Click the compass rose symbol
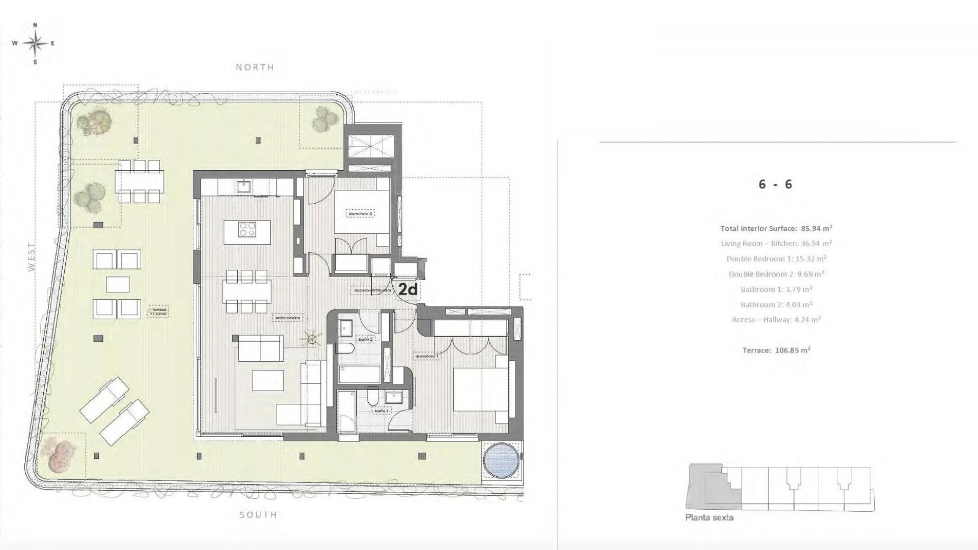click(x=35, y=43)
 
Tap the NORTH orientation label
click(x=255, y=67)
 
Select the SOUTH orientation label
click(x=258, y=515)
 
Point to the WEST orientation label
click(x=32, y=257)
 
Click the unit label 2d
click(x=407, y=290)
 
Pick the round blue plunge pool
click(x=501, y=460)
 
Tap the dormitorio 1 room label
click(x=426, y=356)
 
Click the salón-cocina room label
click(x=288, y=318)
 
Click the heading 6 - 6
click(x=775, y=184)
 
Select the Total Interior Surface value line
click(x=776, y=228)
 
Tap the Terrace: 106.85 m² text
click(x=776, y=350)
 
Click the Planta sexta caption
click(x=709, y=517)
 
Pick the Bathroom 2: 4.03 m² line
click(x=776, y=305)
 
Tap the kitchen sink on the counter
click(x=243, y=186)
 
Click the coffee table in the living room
click(x=268, y=380)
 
